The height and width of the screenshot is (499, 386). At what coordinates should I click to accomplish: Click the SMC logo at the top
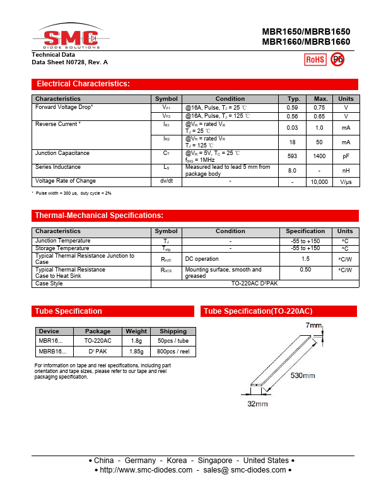click(71, 38)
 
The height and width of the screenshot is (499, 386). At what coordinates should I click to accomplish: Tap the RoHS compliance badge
click(315, 59)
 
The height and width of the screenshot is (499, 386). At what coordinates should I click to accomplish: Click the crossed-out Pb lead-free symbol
click(337, 59)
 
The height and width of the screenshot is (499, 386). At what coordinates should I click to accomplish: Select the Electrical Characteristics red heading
click(83, 84)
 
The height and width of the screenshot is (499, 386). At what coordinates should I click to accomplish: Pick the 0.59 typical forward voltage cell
click(293, 108)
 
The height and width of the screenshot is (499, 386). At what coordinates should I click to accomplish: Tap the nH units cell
click(346, 170)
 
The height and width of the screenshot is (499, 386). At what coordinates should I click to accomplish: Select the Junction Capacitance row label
click(62, 153)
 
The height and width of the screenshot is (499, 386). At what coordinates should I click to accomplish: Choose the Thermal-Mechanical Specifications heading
click(99, 215)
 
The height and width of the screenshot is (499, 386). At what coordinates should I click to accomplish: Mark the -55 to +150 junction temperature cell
click(305, 241)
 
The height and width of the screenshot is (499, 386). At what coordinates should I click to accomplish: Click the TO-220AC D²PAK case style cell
click(254, 284)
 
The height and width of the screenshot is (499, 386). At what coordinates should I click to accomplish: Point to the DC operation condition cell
click(202, 259)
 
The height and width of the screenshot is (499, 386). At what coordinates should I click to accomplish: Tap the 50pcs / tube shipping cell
click(173, 340)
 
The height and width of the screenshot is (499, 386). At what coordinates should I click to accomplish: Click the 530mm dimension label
click(303, 376)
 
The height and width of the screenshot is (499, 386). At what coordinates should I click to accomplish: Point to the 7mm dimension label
click(314, 326)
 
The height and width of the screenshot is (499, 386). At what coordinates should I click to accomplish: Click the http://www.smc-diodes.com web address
click(146, 470)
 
